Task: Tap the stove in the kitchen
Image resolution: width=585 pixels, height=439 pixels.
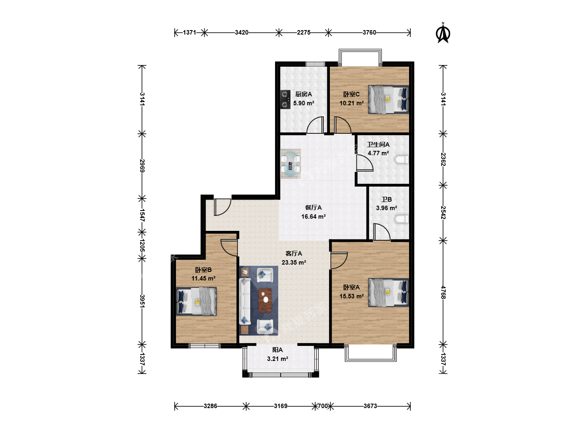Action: point(285,100)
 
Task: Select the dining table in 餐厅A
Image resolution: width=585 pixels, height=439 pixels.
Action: point(290,164)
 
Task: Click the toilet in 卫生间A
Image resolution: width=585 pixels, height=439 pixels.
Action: point(401,159)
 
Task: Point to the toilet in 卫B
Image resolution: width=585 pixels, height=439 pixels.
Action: point(401,219)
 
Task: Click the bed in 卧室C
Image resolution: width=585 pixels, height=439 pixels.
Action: point(388,100)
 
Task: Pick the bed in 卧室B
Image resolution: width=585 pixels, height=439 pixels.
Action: point(196,301)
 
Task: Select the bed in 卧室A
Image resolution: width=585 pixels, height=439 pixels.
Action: point(388,292)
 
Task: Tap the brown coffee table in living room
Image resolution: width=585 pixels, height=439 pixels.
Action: point(265,300)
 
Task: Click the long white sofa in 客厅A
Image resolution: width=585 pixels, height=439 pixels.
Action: point(245,301)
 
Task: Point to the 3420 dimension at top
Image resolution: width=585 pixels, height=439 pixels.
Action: point(241,33)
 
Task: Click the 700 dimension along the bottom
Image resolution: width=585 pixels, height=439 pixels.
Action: point(323,406)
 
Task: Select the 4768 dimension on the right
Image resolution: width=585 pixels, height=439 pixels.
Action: point(443,292)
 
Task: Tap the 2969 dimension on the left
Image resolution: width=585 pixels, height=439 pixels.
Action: point(142,166)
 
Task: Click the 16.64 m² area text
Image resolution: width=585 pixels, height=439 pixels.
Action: point(313,216)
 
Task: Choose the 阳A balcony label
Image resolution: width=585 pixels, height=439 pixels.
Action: point(277,350)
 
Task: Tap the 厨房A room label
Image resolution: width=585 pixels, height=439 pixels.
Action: point(303,94)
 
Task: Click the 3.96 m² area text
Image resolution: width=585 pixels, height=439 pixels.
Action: point(386,208)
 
